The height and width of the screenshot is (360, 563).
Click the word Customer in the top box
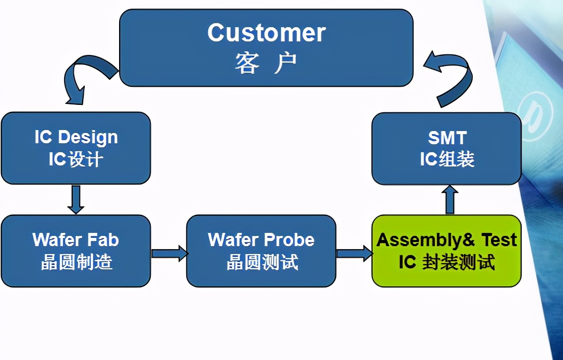pyautogui.click(x=266, y=33)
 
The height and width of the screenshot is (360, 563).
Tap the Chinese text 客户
pyautogui.click(x=266, y=64)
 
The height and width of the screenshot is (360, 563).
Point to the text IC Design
pyautogui.click(x=76, y=137)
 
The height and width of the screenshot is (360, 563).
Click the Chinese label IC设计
pyautogui.click(x=76, y=159)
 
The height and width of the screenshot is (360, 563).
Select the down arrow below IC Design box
pyautogui.click(x=76, y=199)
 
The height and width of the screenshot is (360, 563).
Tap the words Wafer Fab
pyautogui.click(x=76, y=239)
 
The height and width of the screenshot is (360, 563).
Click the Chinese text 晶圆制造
pyautogui.click(x=76, y=262)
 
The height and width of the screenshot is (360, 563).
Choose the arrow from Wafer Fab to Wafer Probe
pyautogui.click(x=168, y=252)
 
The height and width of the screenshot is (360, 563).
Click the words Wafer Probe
pyautogui.click(x=261, y=239)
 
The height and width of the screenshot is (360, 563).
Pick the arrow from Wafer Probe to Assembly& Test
pyautogui.click(x=354, y=252)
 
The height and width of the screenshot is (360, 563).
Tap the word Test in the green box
pyautogui.click(x=498, y=239)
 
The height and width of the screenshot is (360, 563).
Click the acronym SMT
pyautogui.click(x=447, y=137)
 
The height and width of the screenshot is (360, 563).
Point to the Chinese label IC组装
pyautogui.click(x=447, y=159)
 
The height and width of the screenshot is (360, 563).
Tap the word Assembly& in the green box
pyautogui.click(x=426, y=239)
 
